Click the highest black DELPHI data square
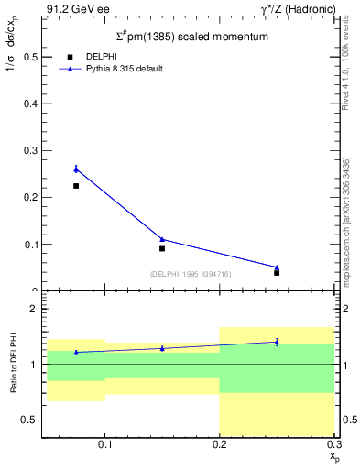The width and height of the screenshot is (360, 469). click(x=76, y=186)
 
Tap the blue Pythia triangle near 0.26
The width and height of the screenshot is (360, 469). click(x=76, y=169)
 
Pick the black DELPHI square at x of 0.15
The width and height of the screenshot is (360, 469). click(x=162, y=248)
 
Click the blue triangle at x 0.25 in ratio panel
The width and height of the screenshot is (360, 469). click(x=277, y=342)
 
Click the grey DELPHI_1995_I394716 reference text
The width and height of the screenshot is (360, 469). click(x=191, y=273)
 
